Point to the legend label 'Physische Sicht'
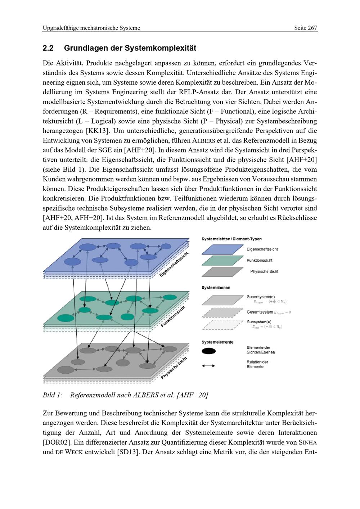click(x=264, y=271)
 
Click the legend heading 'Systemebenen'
click(x=216, y=288)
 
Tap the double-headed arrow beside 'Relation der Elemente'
click(x=208, y=366)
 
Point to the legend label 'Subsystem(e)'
click(x=259, y=322)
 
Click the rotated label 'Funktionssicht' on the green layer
click(x=173, y=316)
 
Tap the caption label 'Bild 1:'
click(x=53, y=395)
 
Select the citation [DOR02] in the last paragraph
click(x=56, y=442)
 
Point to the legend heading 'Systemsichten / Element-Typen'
click(x=231, y=239)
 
